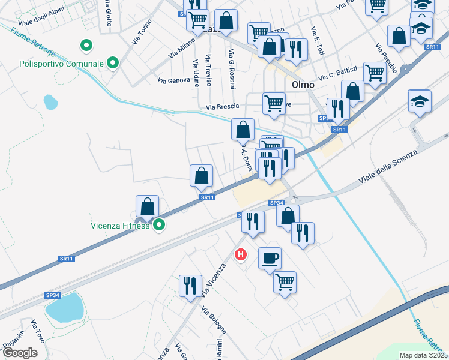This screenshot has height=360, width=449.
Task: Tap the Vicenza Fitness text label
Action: (119, 226)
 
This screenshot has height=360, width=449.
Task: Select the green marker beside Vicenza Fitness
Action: (159, 225)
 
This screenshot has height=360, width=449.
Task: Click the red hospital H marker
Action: (241, 255)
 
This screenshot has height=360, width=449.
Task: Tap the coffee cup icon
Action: (270, 258)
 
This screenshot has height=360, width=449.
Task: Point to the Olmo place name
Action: (303, 85)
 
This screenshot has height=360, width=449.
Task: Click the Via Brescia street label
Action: (222, 107)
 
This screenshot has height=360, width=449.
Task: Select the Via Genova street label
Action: (173, 80)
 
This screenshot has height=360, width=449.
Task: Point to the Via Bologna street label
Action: (214, 320)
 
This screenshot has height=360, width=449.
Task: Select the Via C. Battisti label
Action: (338, 73)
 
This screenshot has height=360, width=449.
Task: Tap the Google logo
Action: (20, 353)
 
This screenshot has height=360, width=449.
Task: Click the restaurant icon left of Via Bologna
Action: (190, 286)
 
